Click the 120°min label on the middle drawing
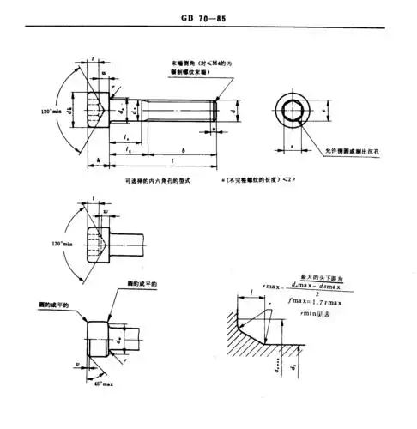pos(62,246)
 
